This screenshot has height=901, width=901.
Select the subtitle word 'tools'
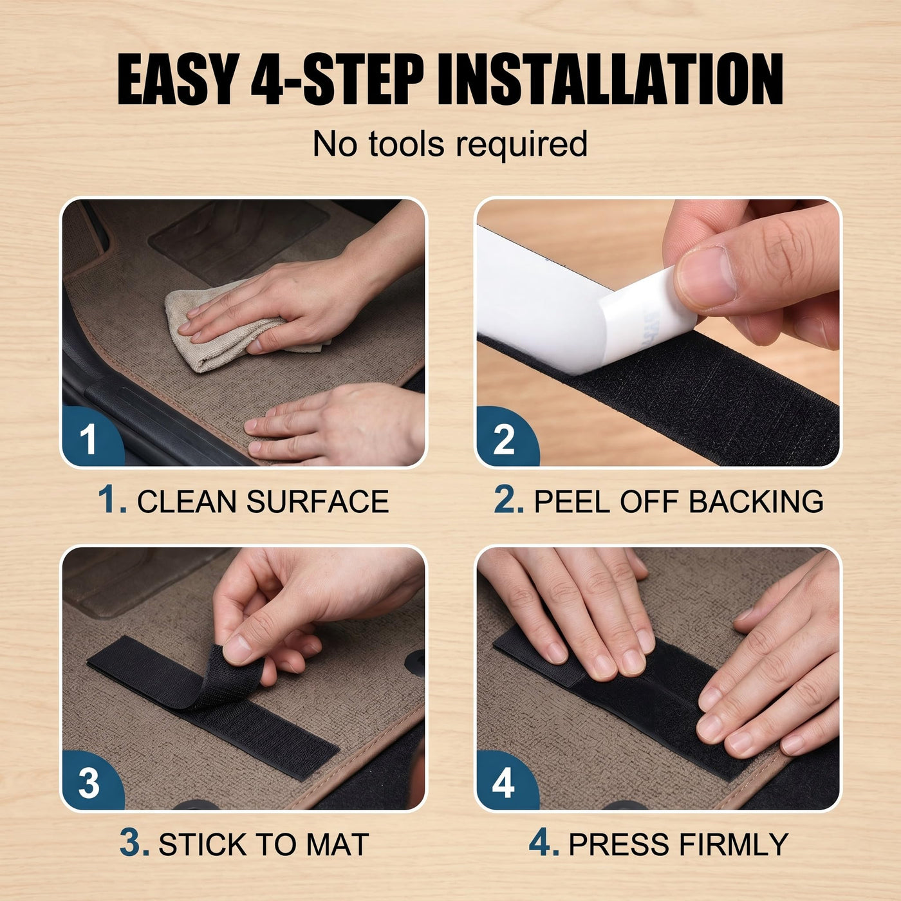406,144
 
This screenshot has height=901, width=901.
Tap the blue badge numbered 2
507,436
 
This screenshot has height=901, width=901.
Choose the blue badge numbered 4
507,779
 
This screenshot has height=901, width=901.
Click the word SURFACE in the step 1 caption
317,502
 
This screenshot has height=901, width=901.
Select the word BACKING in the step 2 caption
756,502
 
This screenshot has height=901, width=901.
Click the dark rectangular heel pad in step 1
239,243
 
